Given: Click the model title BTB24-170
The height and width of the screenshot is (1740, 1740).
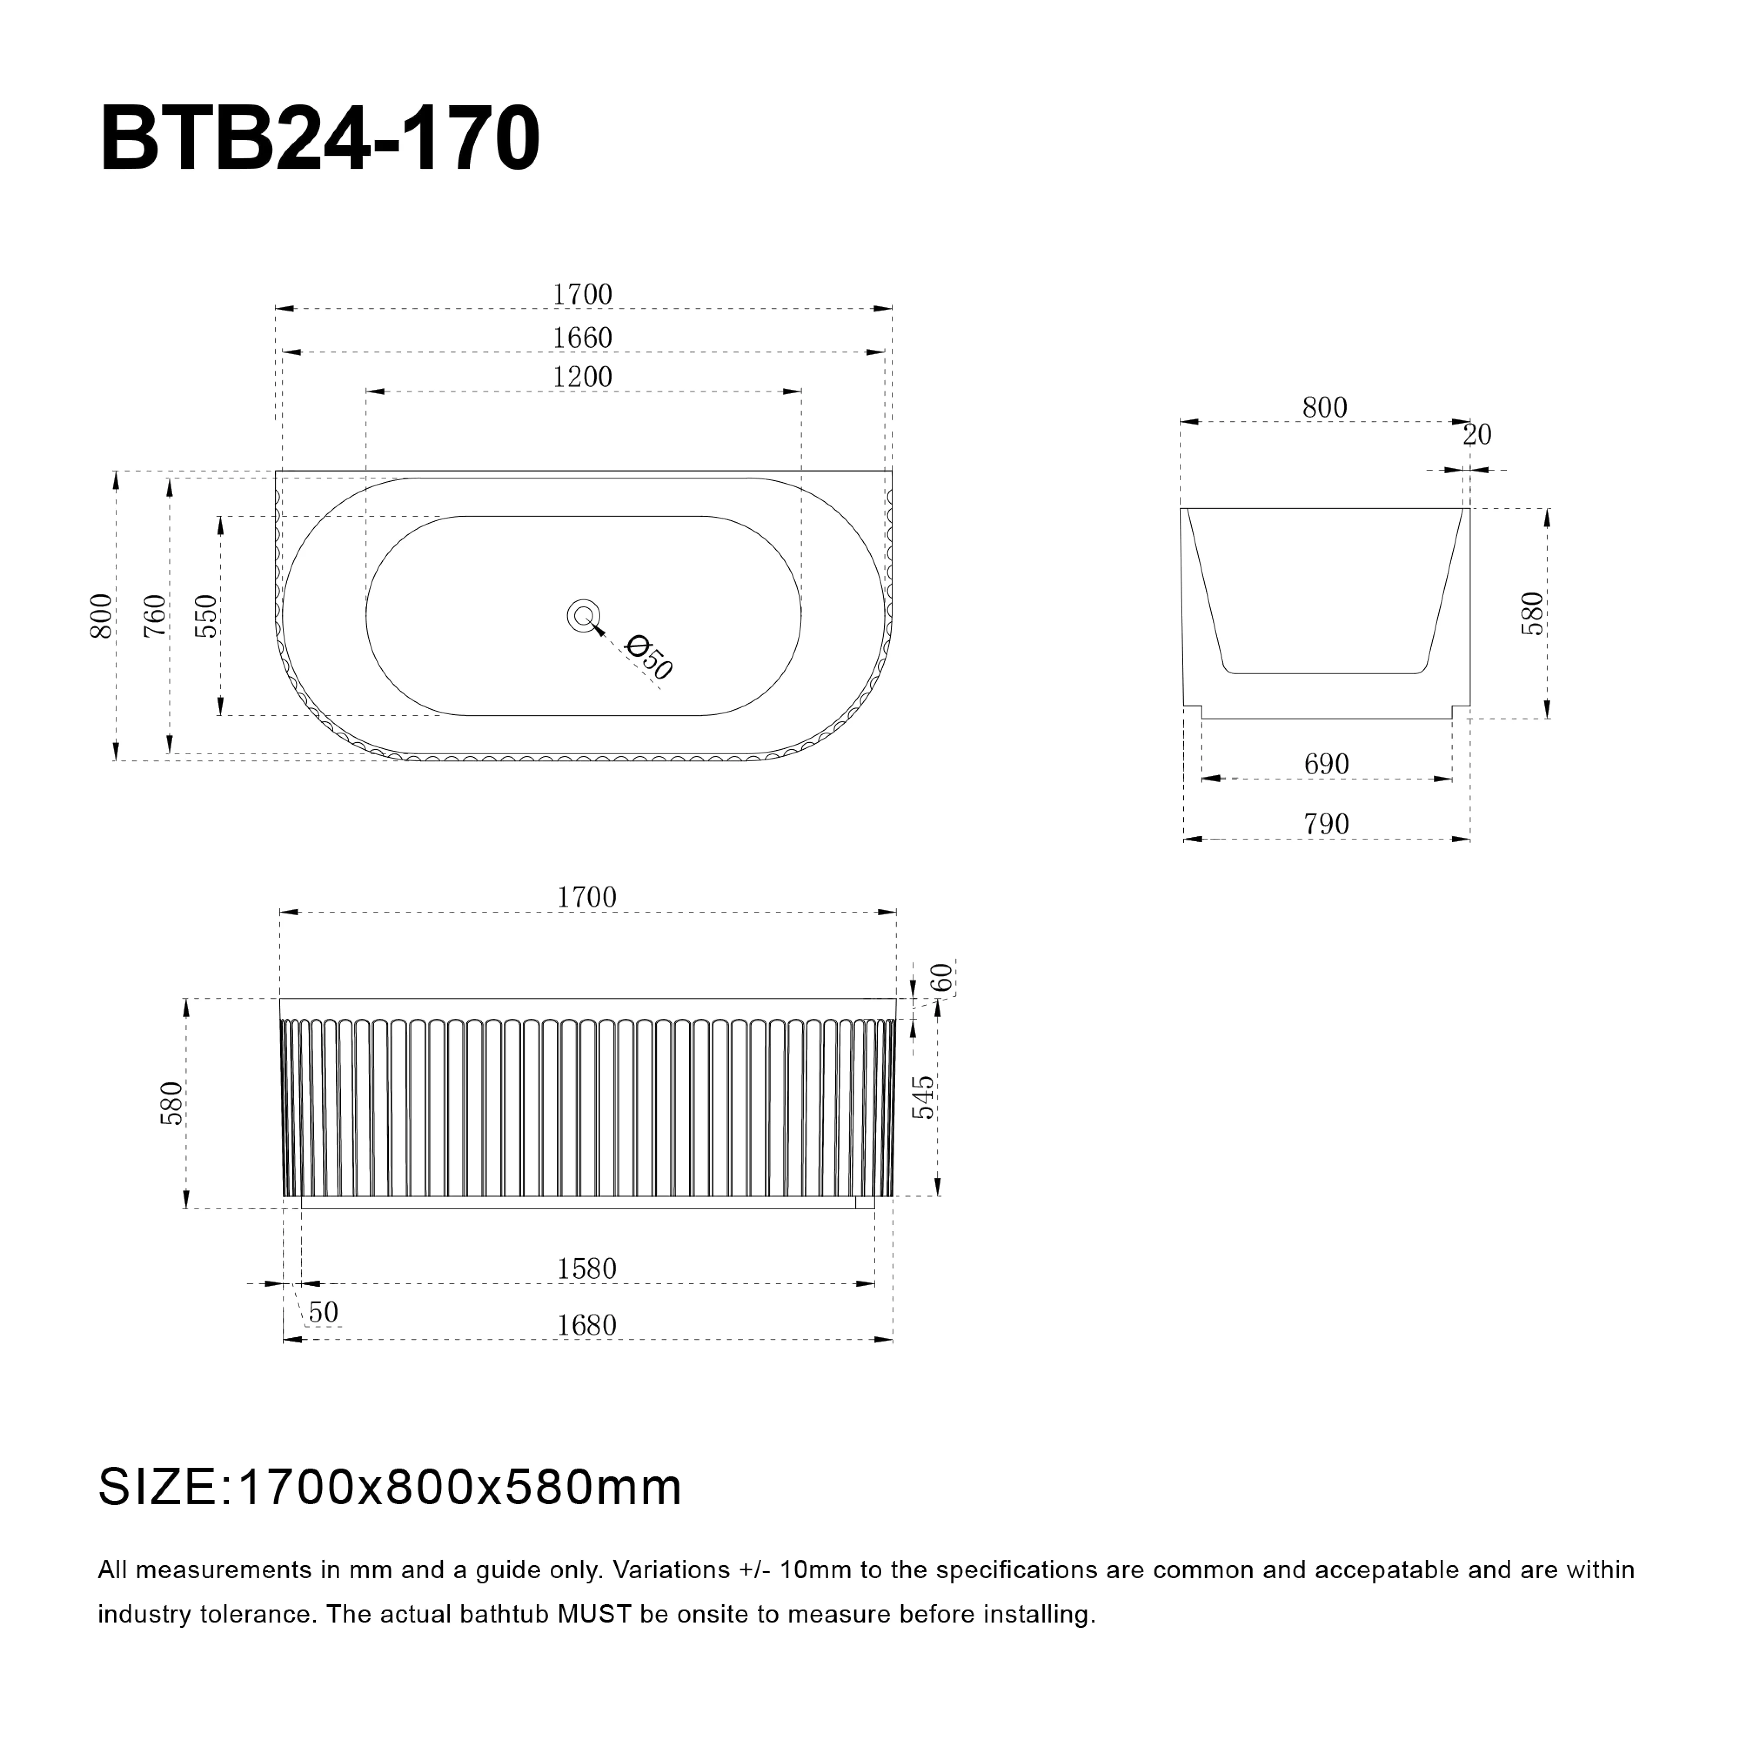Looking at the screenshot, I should (320, 140).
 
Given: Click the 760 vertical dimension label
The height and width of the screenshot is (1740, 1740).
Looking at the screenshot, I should (155, 616).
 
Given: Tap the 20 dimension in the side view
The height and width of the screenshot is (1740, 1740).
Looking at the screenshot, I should (1477, 435).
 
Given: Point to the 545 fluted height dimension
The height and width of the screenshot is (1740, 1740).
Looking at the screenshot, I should (923, 1097).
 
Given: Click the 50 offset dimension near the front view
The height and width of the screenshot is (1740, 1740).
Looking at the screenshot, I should (323, 1312).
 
